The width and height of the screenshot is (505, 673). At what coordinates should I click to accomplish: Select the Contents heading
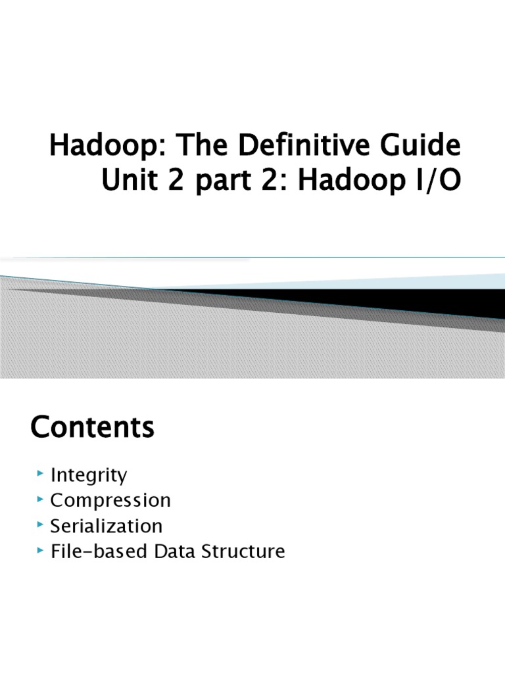point(93,428)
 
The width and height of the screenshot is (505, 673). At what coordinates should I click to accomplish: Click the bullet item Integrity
point(89,475)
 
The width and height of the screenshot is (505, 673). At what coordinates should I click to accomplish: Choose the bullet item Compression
point(110,500)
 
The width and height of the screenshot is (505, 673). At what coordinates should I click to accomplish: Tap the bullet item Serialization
point(107,526)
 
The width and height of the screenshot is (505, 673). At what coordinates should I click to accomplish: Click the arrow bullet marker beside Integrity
point(41,474)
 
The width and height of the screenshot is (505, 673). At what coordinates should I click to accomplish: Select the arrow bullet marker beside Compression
point(41,499)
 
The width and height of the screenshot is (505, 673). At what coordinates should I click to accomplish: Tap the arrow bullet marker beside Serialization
point(41,525)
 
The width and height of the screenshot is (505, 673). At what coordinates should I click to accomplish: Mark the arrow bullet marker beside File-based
point(41,550)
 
